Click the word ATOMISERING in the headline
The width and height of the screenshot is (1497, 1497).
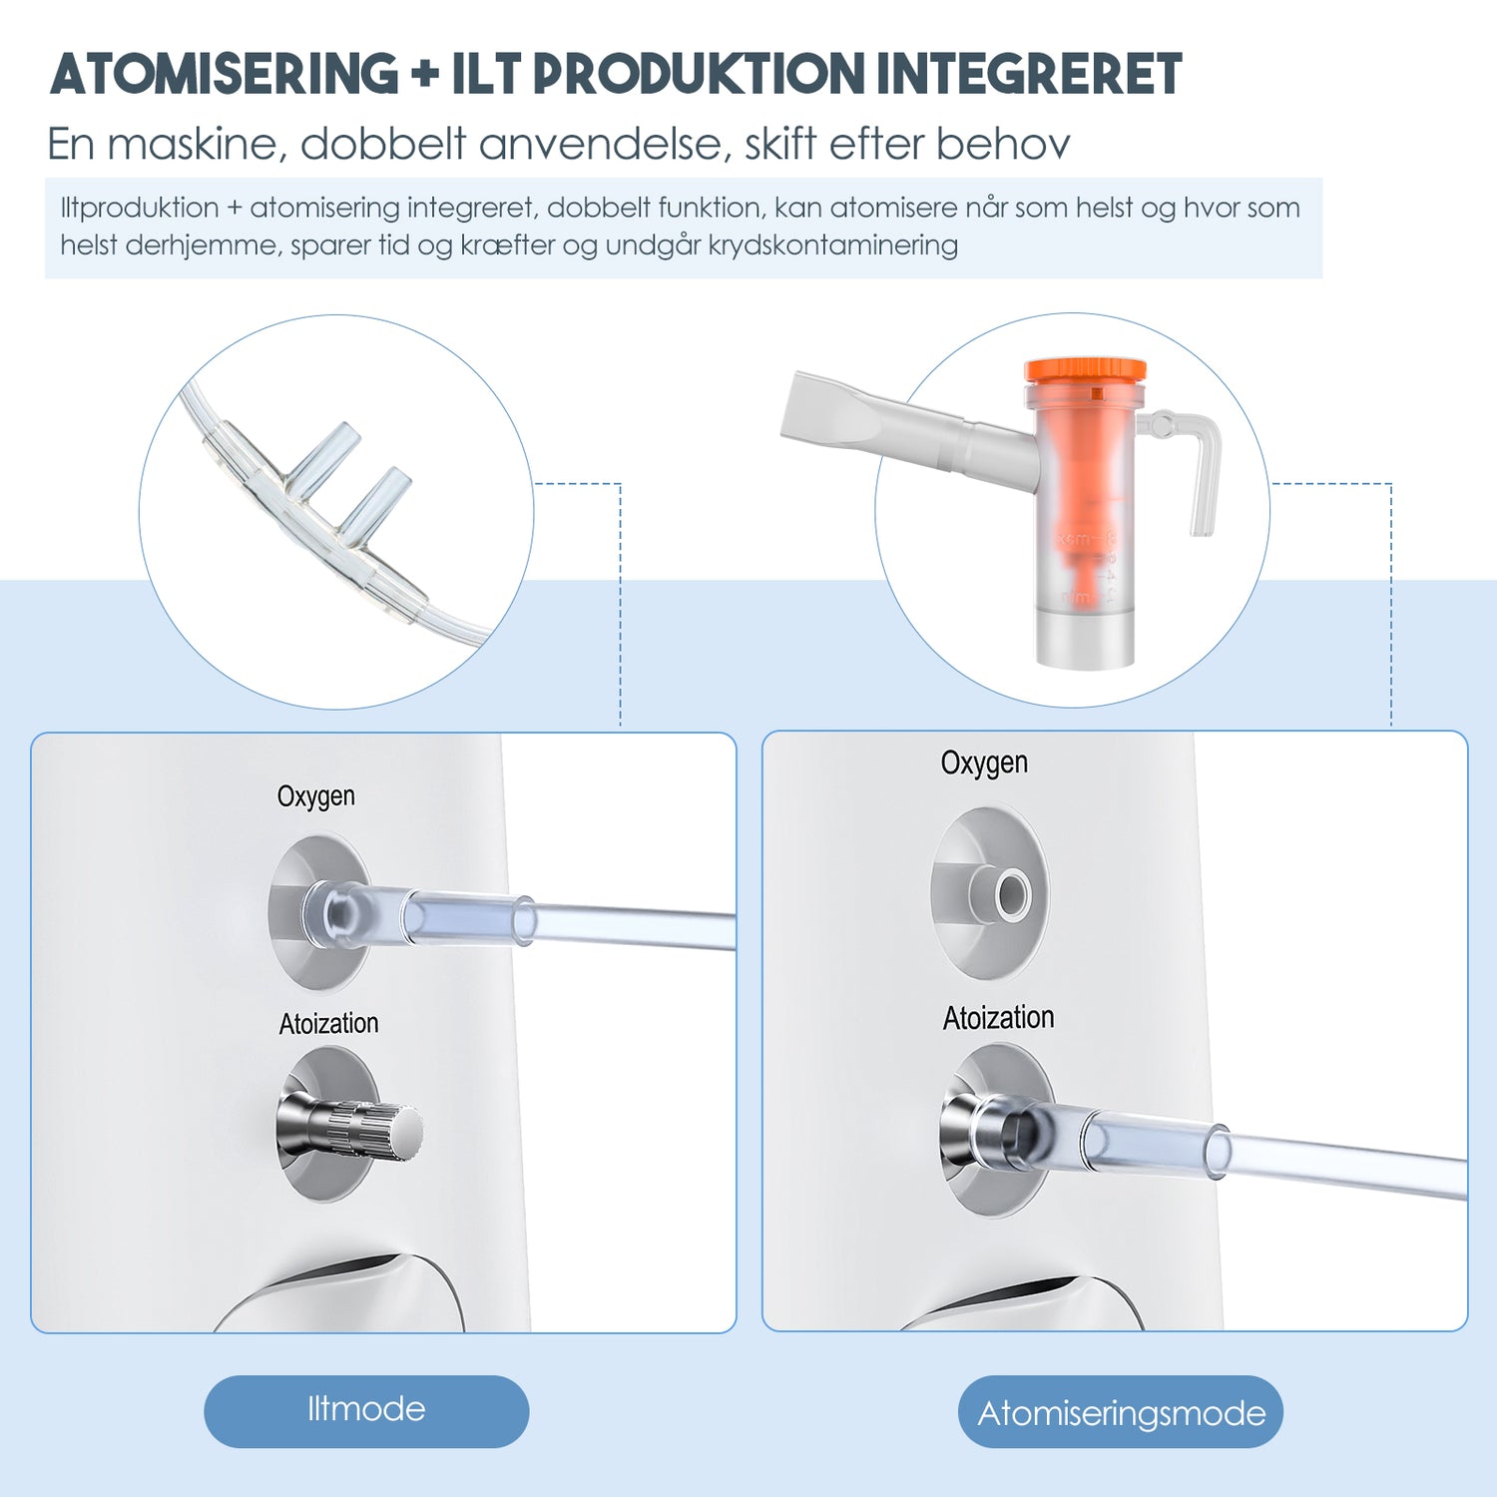[x=224, y=74]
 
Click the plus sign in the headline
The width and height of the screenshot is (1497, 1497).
[x=424, y=74]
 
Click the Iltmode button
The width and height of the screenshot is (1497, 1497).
[x=366, y=1410]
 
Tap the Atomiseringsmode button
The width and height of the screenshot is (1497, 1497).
[x=1120, y=1412]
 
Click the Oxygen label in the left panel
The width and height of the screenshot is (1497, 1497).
[x=316, y=797]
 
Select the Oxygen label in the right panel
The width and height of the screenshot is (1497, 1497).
[x=984, y=763]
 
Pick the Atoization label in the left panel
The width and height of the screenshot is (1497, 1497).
[x=328, y=1024]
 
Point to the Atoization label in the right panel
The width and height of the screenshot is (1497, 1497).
[x=998, y=1018]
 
